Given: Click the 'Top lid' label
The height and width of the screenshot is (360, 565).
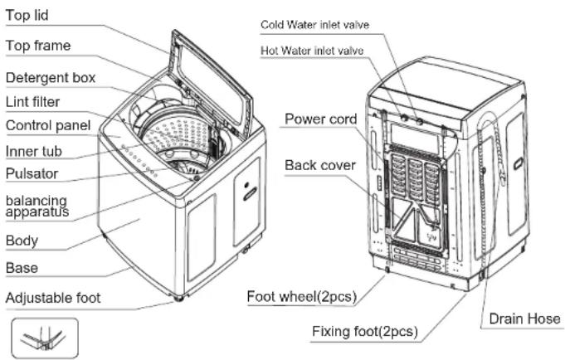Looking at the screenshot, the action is pos(27,16).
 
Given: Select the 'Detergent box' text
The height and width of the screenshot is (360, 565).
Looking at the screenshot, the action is pos(51,78).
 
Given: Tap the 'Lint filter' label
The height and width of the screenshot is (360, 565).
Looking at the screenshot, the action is pos(33,102).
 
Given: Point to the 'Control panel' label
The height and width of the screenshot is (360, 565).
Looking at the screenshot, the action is pos(48,126).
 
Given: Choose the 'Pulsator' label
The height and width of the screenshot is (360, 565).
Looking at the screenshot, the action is pos(32,173).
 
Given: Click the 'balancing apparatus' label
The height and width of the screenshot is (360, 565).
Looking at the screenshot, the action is pos(37,206).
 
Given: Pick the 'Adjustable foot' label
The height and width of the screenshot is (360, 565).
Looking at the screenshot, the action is pos(53,298).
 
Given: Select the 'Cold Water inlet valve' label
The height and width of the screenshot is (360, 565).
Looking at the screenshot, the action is pos(314,25).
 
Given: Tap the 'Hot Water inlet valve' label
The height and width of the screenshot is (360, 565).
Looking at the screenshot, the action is pos(312,51).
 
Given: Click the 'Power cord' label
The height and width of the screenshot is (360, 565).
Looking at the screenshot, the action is pos(321,119).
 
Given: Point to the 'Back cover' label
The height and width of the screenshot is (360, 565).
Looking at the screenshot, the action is pos(320,165).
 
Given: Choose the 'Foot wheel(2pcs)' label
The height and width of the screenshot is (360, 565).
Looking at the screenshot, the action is pos(302,297).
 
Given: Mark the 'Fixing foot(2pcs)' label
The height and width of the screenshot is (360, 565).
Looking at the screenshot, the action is pos(365,331).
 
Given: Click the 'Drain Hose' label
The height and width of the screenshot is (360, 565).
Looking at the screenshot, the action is pos(524,319).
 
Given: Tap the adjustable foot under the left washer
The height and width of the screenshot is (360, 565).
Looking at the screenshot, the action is pos(178,299).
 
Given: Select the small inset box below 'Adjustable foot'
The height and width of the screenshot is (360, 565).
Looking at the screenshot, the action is pos(45,338).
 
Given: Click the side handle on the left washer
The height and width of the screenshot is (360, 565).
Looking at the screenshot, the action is pos(250,194).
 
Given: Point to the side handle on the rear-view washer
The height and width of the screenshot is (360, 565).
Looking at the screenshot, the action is pos(518,164).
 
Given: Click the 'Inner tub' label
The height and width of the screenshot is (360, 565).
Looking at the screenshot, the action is pos(34,151).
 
